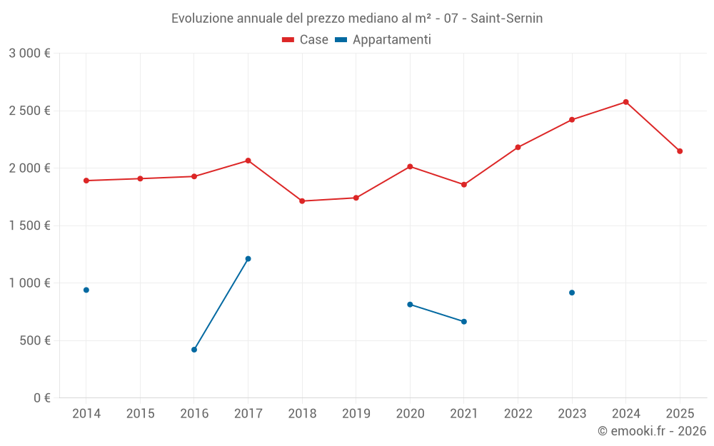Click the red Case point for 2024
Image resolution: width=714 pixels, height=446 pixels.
[x=625, y=102]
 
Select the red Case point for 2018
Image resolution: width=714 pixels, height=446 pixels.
[x=302, y=201]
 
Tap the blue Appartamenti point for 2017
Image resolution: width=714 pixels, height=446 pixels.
[x=248, y=259]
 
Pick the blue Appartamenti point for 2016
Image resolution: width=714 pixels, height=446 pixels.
[x=194, y=350]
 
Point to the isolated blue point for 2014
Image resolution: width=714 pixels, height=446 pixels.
[x=86, y=290]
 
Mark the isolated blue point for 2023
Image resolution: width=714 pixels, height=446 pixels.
[x=572, y=293]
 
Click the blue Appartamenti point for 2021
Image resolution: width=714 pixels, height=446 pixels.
[x=464, y=322]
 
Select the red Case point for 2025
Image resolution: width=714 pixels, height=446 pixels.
[x=680, y=151]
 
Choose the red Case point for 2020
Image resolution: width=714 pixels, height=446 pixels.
[x=410, y=166]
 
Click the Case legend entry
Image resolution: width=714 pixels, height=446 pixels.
[x=306, y=40]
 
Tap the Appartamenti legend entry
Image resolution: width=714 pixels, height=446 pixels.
[x=383, y=40]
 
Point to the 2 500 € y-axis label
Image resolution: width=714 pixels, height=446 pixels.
[x=29, y=111]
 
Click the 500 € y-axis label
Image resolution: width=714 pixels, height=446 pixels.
[x=35, y=340]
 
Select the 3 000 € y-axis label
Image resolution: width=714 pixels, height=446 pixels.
[x=29, y=54]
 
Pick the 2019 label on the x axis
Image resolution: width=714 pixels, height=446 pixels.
[x=356, y=414]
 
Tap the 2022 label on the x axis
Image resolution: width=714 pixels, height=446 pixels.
[x=518, y=414]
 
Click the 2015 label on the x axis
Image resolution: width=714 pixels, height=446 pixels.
[x=140, y=414]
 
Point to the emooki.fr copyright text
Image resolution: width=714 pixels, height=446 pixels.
[x=651, y=431]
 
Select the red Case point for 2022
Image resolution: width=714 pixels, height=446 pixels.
[x=518, y=148]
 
